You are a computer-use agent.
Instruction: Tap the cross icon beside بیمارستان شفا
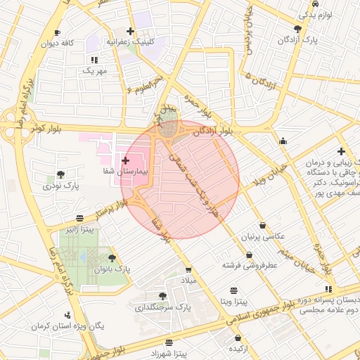point(125,162)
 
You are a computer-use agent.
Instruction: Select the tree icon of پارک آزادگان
point(297,29)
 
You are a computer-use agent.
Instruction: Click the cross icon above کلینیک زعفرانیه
point(130,31)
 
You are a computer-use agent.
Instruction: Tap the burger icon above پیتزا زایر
point(82,217)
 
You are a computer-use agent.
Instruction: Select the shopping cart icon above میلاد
point(188,269)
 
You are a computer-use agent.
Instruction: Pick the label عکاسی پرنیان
point(262,236)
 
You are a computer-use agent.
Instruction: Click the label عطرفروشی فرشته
point(250,265)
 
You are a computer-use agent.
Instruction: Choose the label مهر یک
point(94,70)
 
